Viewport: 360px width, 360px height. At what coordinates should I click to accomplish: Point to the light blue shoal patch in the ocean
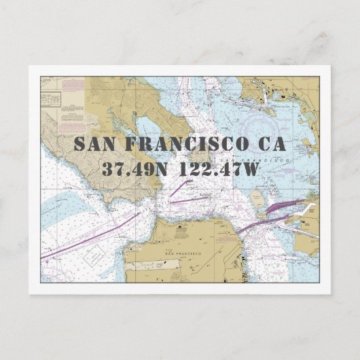(68, 204)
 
